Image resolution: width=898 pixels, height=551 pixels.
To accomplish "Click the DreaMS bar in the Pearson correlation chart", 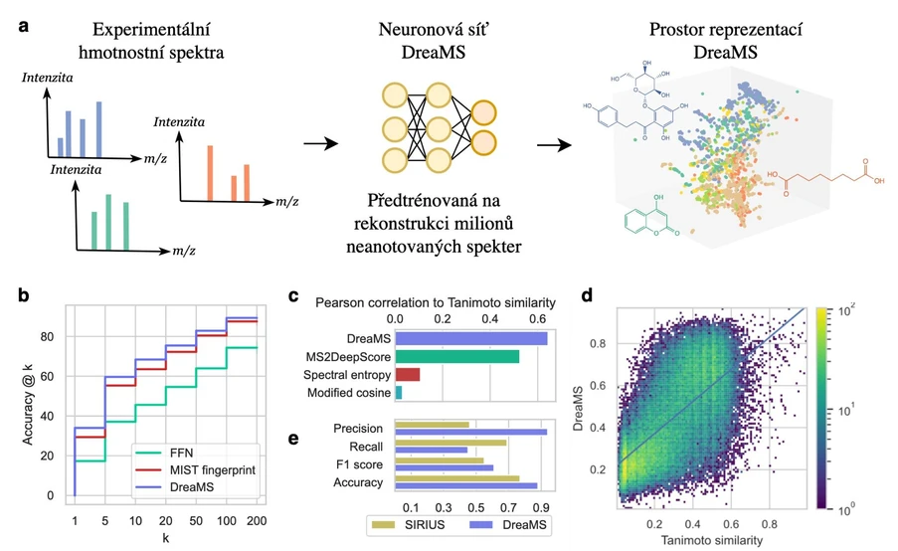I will (x=471, y=337).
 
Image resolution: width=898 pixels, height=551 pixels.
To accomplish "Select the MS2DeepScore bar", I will (x=456, y=356).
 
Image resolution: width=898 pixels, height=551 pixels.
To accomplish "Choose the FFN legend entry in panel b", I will (x=182, y=447).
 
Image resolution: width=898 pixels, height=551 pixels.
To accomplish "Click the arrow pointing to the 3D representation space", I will (x=555, y=145).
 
